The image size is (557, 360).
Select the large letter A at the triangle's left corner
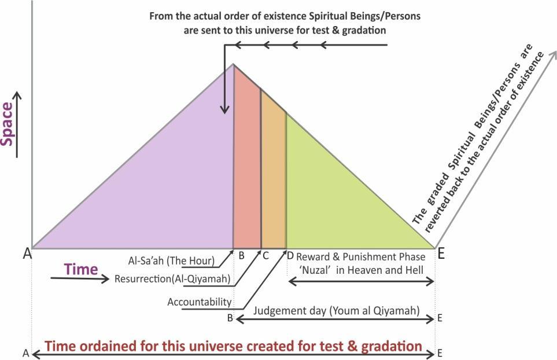(27, 253)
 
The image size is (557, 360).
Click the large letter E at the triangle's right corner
(441, 253)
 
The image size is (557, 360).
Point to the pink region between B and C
(246, 174)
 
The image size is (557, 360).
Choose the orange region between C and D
(273, 179)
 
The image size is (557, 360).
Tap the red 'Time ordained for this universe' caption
(234, 347)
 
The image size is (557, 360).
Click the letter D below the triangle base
(290, 255)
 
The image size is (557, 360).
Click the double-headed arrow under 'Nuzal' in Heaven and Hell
(361, 281)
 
